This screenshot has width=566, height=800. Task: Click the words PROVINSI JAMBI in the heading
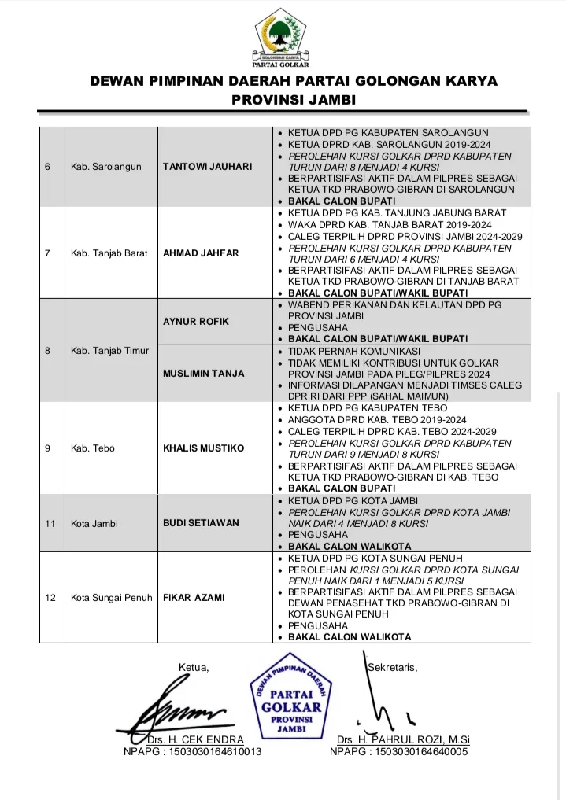pos(283,100)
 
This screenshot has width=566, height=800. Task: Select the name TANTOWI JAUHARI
pos(207,167)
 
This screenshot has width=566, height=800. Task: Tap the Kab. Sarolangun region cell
pos(105,167)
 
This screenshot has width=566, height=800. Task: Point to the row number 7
pos(48,253)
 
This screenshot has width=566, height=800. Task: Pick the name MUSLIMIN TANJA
pos(204,374)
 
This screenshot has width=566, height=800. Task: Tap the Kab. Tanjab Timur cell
pos(109,351)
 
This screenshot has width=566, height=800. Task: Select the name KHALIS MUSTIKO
pos(203,448)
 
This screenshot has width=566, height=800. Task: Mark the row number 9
pos(48,448)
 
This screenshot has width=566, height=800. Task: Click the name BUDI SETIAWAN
pos(201,523)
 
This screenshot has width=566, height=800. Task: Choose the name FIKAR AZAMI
pos(194,598)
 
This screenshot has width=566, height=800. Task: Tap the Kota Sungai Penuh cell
pos(108,598)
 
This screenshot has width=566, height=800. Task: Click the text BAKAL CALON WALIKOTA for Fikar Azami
pos(349,637)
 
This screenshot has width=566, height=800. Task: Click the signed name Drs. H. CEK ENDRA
pos(195,740)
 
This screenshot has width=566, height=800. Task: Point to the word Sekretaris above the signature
pos(392,668)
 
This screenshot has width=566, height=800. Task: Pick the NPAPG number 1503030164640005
pos(399,752)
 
